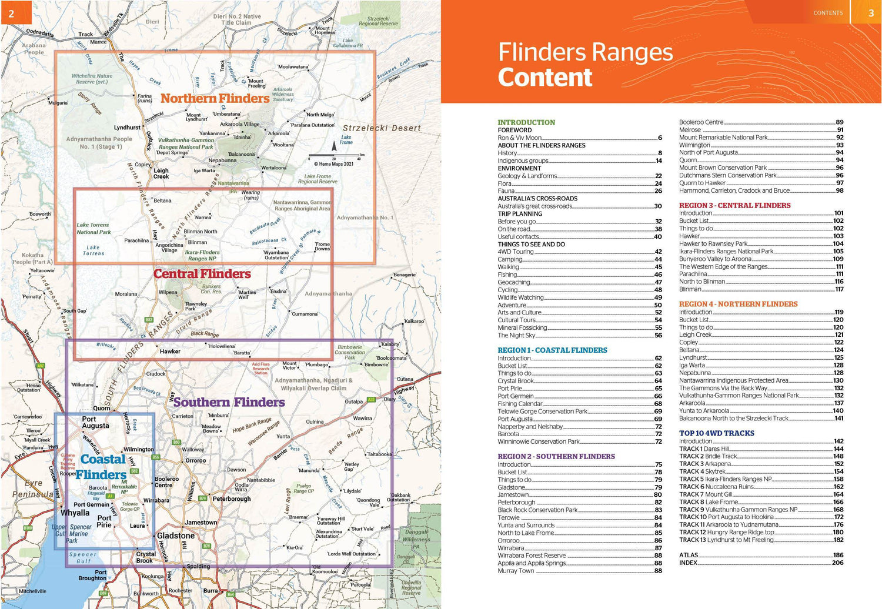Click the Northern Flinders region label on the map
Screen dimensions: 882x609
tap(215, 98)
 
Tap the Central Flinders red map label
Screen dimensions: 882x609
tap(202, 274)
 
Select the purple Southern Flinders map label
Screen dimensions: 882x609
tap(229, 403)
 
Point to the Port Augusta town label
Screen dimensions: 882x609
tap(95, 423)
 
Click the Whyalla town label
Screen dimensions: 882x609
tap(75, 513)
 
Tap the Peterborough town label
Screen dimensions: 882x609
tap(231, 499)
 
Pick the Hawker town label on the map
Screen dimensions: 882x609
tap(170, 352)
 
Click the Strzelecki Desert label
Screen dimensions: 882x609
tap(382, 128)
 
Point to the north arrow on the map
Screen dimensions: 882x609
tap(334, 145)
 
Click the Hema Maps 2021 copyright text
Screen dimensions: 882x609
tap(333, 164)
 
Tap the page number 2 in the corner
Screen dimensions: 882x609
tap(11, 12)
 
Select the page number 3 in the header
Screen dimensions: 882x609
tap(871, 13)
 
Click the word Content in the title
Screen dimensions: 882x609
tap(544, 78)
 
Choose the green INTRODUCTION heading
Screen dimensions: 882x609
tap(526, 122)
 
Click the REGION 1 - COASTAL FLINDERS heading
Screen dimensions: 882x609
tap(552, 350)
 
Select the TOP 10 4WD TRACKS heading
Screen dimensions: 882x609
tap(716, 433)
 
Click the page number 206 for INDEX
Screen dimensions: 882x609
tap(837, 563)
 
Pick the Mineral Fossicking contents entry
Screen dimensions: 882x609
tap(522, 328)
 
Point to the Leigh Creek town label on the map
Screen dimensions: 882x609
tap(161, 173)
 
